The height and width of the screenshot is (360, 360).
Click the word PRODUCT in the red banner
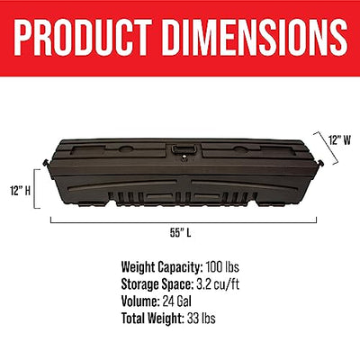click(83, 38)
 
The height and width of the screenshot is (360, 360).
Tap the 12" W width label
click(339, 140)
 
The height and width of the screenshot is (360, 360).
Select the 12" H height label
click(20, 190)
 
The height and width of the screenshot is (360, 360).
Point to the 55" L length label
click(181, 233)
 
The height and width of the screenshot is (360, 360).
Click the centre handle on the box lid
click(184, 149)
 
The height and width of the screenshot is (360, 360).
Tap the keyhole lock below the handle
click(184, 157)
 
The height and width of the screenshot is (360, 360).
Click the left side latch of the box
click(46, 164)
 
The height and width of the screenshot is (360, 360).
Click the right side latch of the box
click(319, 163)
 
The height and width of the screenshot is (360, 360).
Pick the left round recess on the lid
click(127, 148)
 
